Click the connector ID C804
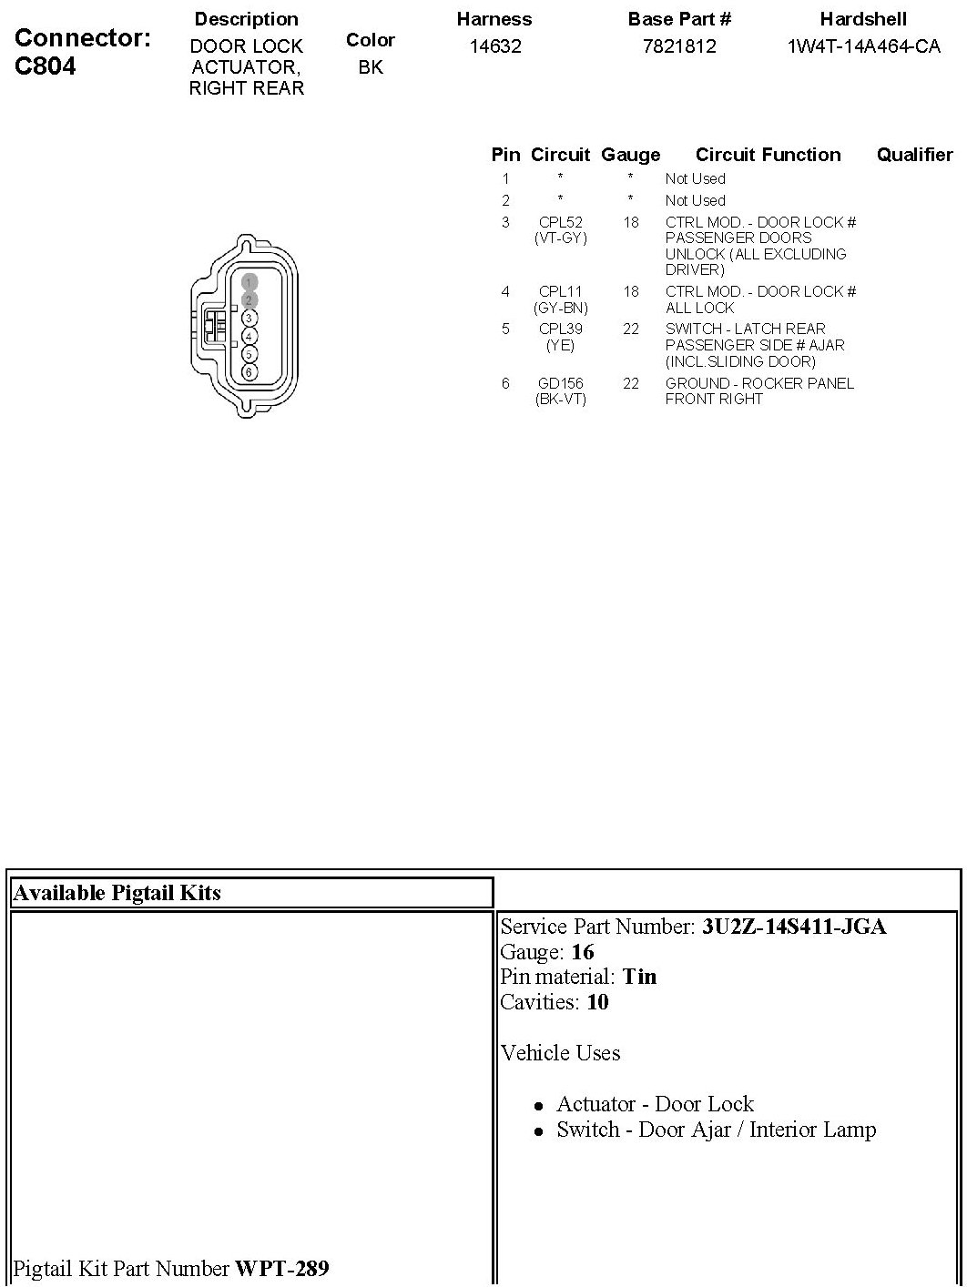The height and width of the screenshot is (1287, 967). [x=46, y=66]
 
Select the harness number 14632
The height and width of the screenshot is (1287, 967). [x=494, y=46]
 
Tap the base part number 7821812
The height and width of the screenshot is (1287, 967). [x=679, y=46]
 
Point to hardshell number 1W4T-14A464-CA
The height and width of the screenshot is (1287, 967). [x=863, y=46]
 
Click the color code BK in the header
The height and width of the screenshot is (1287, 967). [x=371, y=67]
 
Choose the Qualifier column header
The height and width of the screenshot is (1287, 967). [x=914, y=155]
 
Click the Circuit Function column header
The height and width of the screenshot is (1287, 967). [x=768, y=155]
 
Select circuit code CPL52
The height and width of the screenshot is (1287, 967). [x=560, y=222]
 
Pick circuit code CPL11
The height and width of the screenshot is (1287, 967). [x=560, y=292]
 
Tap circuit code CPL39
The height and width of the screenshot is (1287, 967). [x=560, y=329]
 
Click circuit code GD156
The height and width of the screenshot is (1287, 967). [x=560, y=384]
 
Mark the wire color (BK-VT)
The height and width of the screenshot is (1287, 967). [x=560, y=400]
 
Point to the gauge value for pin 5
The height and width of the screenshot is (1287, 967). [x=631, y=329]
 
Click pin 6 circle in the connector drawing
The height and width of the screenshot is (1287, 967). [x=249, y=372]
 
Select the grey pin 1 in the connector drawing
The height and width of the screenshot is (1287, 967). [x=249, y=282]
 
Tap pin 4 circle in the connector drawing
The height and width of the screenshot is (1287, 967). [x=249, y=336]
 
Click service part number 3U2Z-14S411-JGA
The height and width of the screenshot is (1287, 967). [x=793, y=927]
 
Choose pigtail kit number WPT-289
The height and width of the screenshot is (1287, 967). [x=281, y=1268]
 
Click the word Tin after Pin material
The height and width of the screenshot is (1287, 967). [x=639, y=977]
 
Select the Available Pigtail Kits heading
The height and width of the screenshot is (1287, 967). [x=117, y=893]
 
